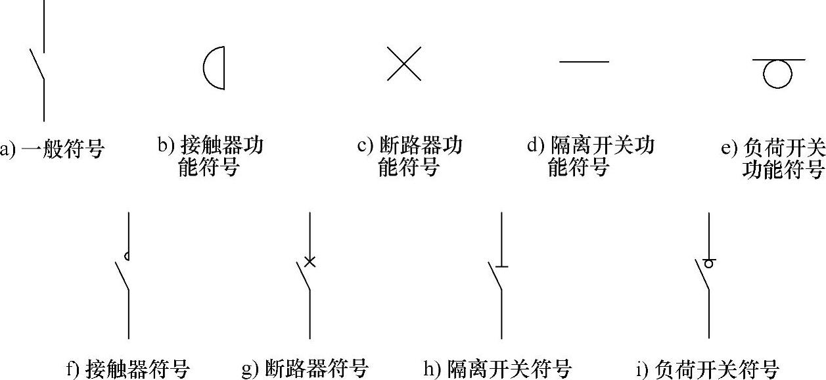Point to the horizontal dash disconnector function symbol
[584, 62]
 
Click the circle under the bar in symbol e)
[777, 74]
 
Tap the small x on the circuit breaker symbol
[310, 262]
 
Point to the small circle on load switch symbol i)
[709, 264]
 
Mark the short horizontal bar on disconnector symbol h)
[501, 266]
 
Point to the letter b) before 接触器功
[165, 145]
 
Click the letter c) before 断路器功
[365, 145]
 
